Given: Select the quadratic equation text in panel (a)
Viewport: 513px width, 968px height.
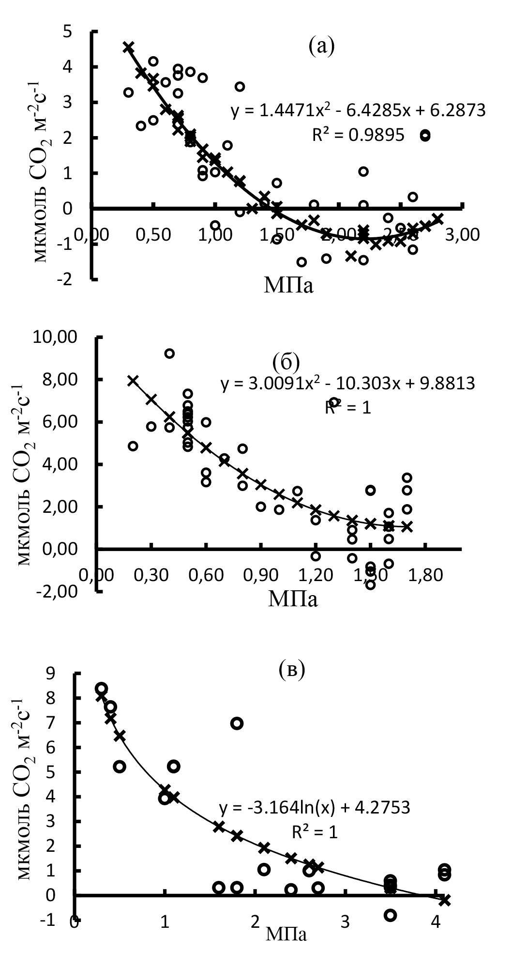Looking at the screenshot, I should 358,111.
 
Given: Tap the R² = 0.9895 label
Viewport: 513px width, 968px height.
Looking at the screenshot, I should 358,135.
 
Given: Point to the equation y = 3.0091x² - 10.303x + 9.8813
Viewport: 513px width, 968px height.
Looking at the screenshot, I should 348,384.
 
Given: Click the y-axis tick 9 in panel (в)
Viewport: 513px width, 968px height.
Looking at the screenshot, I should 64,673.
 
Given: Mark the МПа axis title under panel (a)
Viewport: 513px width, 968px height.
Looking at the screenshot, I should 288,286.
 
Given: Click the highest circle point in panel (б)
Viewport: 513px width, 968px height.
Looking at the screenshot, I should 169,353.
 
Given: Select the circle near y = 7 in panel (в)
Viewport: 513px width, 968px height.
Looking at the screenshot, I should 237,723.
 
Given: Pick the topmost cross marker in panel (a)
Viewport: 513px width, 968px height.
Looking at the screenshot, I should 128,47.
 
